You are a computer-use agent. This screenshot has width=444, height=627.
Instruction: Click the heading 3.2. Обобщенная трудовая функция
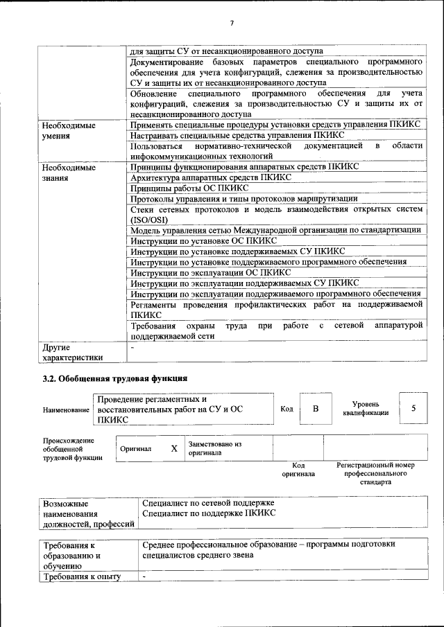pos(114,378)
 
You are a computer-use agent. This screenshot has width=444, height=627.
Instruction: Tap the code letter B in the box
pos(315,409)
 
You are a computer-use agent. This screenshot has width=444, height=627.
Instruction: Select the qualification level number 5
pos(413,408)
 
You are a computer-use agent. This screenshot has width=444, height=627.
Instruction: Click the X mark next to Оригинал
pos(174,448)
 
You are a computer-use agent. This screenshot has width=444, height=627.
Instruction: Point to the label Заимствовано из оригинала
pos(214,448)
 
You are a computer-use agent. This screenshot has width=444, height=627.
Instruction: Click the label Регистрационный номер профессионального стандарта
pos(375,473)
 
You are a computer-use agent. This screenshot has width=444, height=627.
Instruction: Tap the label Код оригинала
pos(298,470)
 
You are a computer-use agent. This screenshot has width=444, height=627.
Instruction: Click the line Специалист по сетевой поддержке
pos(208,502)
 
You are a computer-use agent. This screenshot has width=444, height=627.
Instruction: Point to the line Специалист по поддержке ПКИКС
pos(209,513)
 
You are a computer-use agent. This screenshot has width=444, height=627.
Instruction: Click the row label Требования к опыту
pos(82,576)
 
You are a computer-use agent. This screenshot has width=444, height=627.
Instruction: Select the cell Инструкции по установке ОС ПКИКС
pos(194,240)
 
